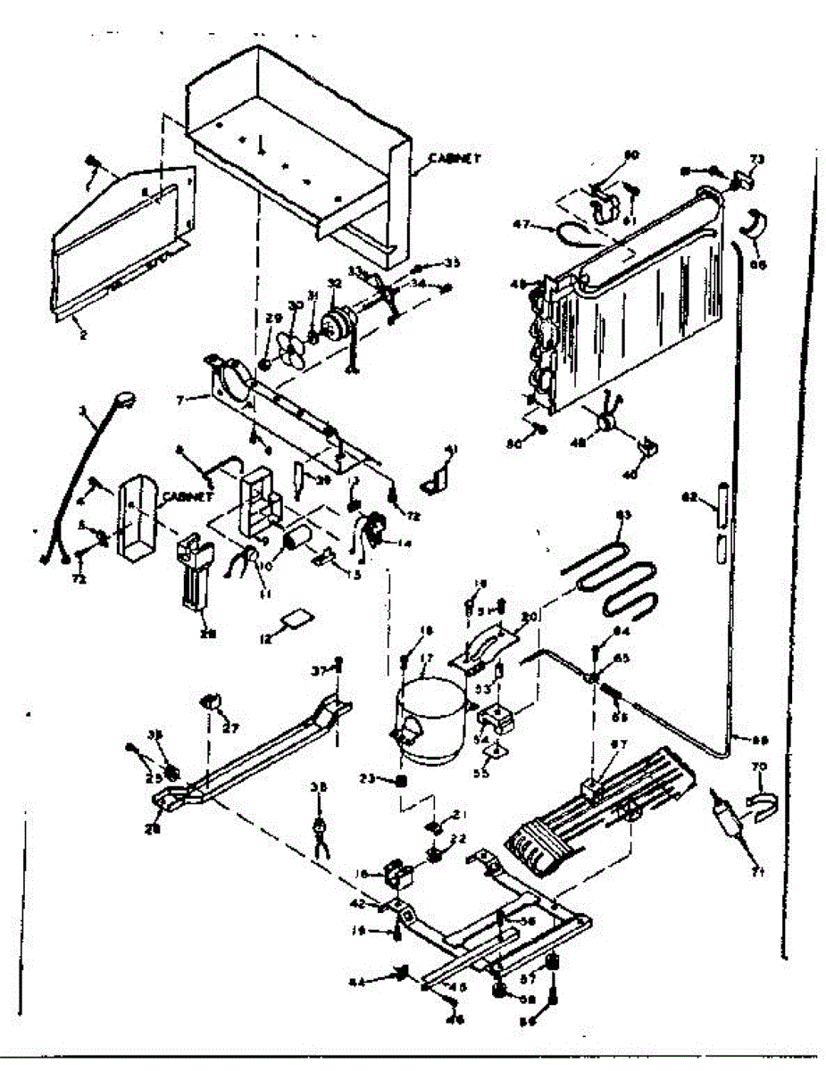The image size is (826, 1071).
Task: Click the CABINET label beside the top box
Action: pos(455,159)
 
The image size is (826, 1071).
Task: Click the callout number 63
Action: pos(623,515)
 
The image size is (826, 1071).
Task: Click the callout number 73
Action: pos(756,159)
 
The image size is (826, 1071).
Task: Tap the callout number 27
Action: pos(231,727)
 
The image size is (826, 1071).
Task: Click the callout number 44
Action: pos(358,982)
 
